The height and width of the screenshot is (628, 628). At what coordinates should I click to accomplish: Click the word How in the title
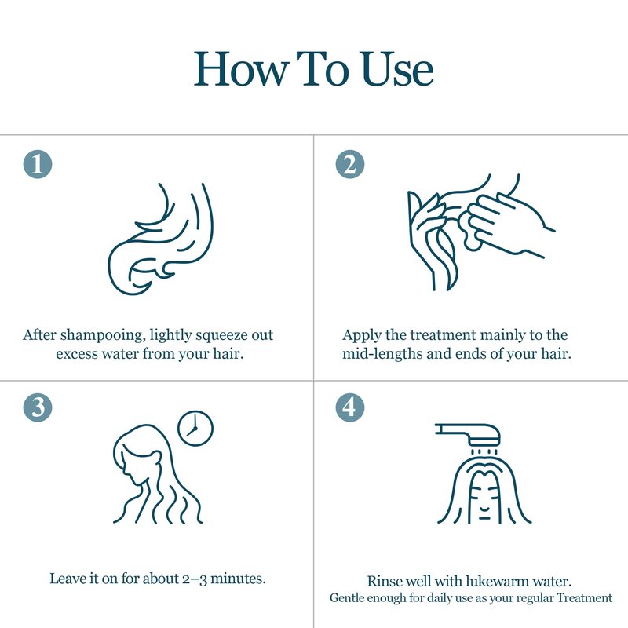[x=241, y=69]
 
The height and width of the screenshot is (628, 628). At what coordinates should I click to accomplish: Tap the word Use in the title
[x=397, y=69]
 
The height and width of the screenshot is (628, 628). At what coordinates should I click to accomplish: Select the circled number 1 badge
[x=38, y=164]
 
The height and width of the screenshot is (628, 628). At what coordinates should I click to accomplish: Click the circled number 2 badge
[x=350, y=164]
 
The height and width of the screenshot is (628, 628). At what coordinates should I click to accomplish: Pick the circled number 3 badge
[x=38, y=407]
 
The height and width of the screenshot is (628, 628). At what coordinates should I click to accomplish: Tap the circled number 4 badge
[x=350, y=407]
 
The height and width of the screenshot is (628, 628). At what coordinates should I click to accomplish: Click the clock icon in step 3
[x=195, y=428]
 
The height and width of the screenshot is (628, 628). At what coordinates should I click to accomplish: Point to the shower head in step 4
[x=468, y=435]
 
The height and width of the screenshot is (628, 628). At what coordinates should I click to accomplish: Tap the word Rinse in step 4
[x=385, y=582]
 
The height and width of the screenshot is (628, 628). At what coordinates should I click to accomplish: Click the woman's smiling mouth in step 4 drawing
[x=484, y=509]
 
